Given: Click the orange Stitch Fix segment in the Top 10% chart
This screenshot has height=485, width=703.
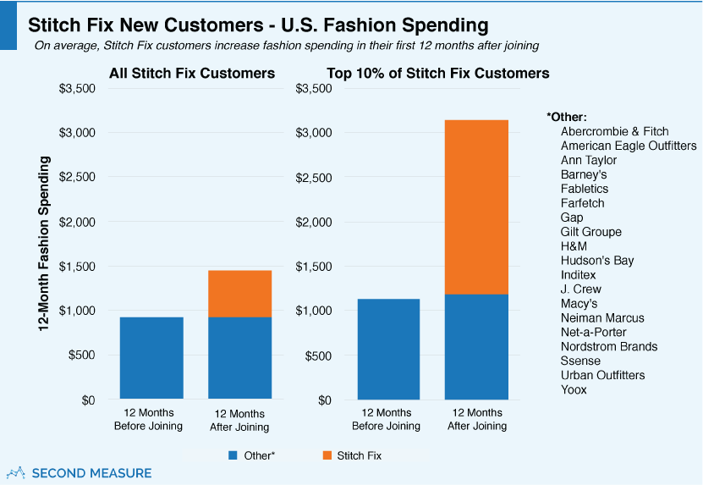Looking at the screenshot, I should (477, 207).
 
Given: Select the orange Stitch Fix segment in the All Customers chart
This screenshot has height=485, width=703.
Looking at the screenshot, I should (239, 293).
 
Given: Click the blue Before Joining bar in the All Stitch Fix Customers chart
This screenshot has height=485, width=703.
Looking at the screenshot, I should (151, 358).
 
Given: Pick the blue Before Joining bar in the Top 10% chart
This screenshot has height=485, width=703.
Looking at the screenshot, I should (388, 349).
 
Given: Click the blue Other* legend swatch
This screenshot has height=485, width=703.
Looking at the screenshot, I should (233, 455).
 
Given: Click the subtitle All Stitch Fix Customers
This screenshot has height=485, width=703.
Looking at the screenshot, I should (192, 74).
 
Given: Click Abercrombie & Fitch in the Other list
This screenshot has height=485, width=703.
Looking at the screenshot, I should (614, 131).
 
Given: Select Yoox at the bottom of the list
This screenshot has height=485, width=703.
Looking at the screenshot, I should (574, 389).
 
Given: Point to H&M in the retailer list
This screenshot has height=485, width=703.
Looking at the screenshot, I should (574, 245).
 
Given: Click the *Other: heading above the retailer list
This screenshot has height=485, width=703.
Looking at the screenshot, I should (567, 117).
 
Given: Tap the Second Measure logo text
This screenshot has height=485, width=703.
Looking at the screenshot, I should (91, 473).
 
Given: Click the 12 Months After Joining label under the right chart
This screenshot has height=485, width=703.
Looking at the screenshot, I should (477, 420).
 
